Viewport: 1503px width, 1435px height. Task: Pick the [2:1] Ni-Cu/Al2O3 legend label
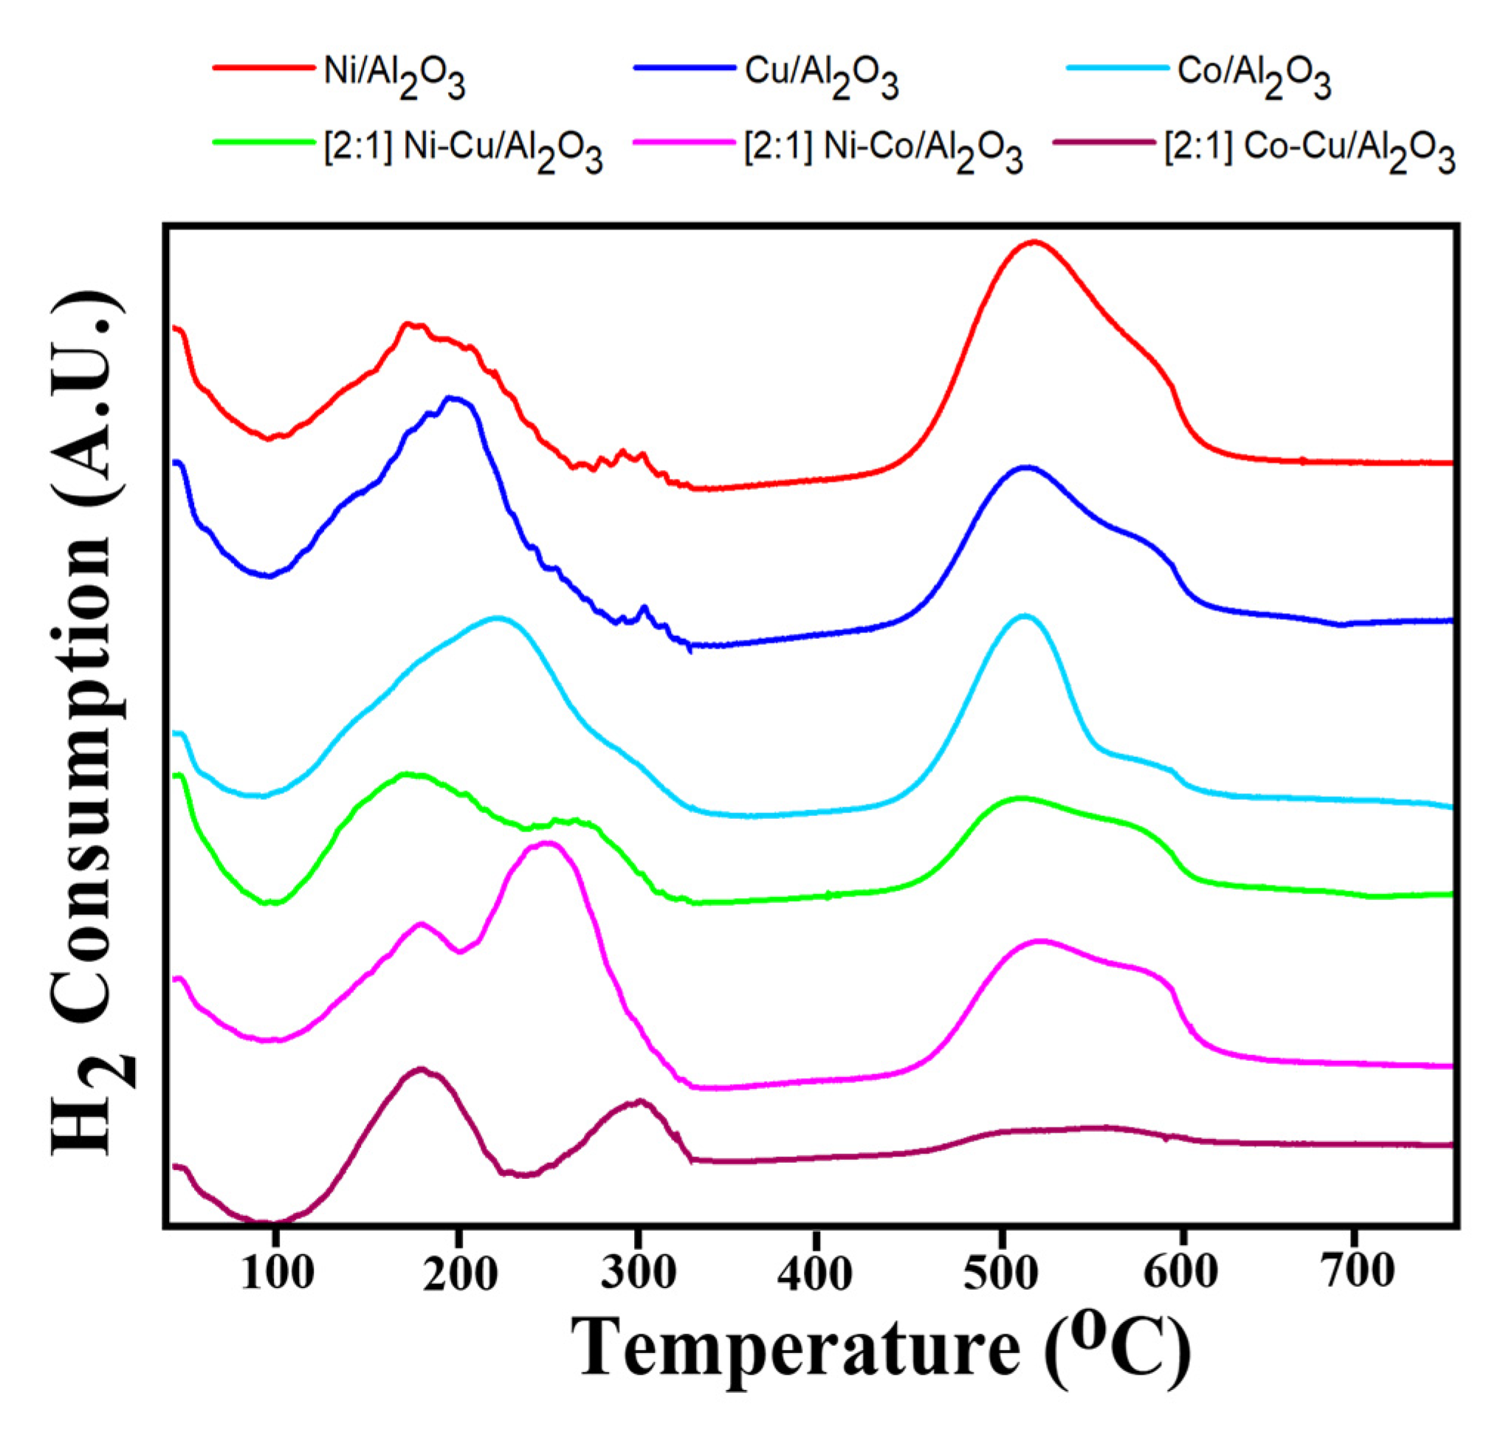tap(463, 150)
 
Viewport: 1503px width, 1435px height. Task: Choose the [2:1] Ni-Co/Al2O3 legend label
tap(883, 150)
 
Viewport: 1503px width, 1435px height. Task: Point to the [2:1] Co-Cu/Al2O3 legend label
tap(1309, 150)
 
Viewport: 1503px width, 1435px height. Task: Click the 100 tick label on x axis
tap(277, 1273)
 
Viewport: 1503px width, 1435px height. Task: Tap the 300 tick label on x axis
tap(639, 1273)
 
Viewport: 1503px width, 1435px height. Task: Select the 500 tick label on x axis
tap(1000, 1273)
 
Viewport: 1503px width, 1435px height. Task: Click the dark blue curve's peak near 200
tap(453, 397)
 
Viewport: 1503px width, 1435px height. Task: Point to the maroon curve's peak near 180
tap(420, 1068)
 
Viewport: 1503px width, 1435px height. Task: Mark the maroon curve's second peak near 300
tap(639, 1102)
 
